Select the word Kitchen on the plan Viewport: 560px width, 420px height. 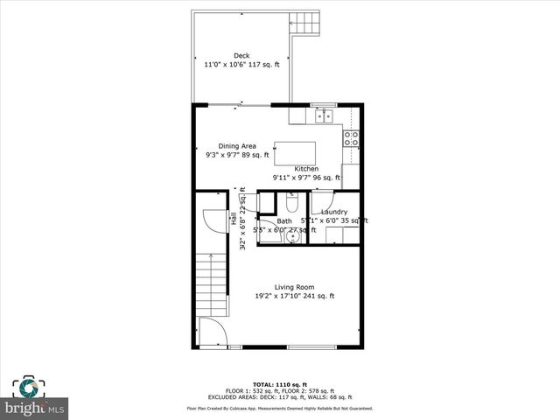[x=306, y=169]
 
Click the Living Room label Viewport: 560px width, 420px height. [x=294, y=287]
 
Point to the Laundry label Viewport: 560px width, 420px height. [x=334, y=212]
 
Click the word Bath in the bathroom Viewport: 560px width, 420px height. [x=285, y=221]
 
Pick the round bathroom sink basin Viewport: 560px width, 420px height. [x=292, y=237]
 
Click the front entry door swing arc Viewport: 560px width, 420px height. [x=210, y=332]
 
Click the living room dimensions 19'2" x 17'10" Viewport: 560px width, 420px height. [x=294, y=297]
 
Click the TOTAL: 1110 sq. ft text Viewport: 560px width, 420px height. [x=279, y=385]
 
